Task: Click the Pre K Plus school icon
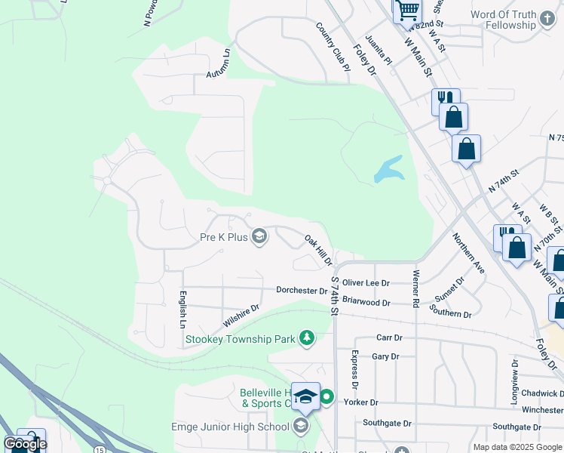tap(259, 237)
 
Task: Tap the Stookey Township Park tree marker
tap(306, 337)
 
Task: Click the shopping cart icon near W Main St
tap(407, 11)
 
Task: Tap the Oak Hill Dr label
tap(318, 250)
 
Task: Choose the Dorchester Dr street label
tap(302, 290)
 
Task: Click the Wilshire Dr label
tap(241, 315)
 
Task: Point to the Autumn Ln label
tap(219, 65)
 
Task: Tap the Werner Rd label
tap(415, 288)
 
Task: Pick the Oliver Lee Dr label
tap(366, 283)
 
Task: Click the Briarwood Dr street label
tap(366, 301)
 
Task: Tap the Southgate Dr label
tap(388, 423)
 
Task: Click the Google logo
tap(26, 444)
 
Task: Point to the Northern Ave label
tap(467, 252)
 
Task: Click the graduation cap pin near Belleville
tap(305, 396)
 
